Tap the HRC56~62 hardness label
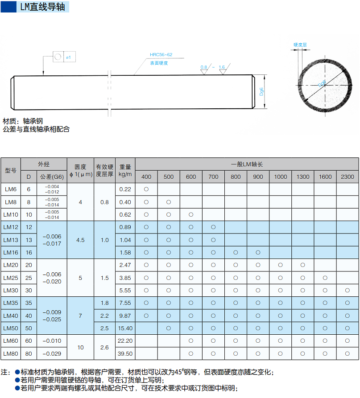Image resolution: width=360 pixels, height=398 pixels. click(161, 54)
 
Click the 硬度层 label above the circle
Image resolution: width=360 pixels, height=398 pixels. click(300, 45)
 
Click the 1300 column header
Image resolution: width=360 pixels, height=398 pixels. click(303, 176)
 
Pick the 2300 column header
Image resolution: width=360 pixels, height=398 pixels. click(348, 176)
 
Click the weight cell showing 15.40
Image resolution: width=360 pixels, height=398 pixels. click(125, 328)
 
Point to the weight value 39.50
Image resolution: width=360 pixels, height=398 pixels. click(125, 353)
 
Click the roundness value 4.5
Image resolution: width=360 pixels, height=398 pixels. click(80, 240)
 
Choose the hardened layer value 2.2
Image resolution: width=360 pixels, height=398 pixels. click(104, 316)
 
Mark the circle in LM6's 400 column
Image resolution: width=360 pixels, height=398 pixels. click(146, 189)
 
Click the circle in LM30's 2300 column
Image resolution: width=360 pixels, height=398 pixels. click(348, 290)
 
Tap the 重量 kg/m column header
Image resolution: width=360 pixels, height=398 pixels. click(125, 170)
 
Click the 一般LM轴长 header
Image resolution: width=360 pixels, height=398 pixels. click(247, 164)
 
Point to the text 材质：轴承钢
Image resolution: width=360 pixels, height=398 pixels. click(23, 121)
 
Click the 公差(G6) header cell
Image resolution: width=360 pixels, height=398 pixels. click(52, 176)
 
